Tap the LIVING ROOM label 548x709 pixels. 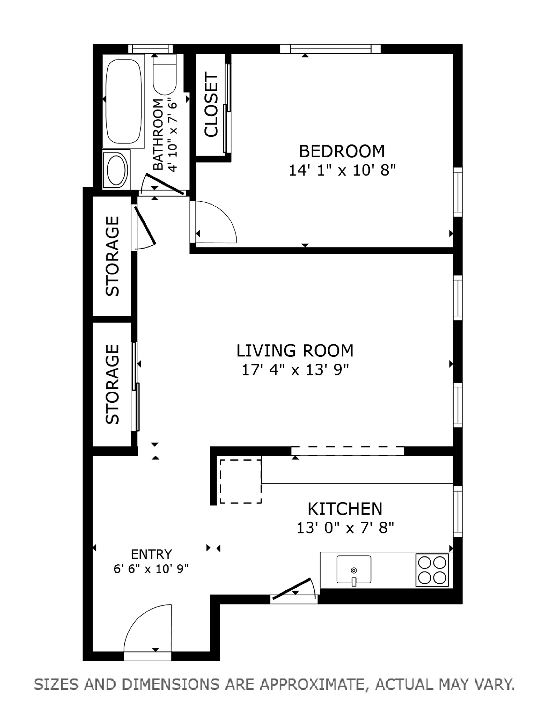point(295,351)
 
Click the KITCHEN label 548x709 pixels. point(345,509)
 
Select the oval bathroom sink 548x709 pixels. point(116,170)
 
